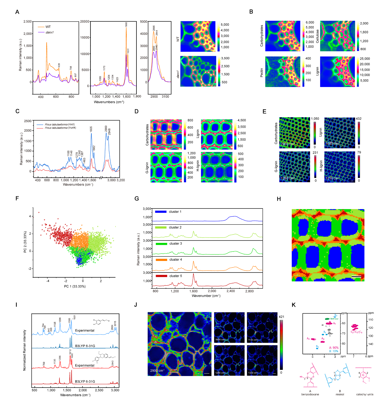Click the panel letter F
point(17,198)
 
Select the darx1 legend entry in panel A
point(50,32)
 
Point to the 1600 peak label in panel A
point(126,24)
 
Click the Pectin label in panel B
point(262,73)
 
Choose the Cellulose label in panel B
point(317,36)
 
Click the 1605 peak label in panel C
point(91,129)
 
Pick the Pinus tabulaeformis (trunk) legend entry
point(60,128)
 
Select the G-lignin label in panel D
point(147,168)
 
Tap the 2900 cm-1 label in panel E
point(288,144)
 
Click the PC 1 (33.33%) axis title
point(75,286)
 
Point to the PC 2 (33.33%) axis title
point(25,241)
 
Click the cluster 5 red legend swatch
point(161,276)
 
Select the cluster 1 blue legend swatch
point(161,212)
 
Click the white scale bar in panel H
point(356,277)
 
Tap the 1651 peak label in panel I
point(74,317)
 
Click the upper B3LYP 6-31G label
point(85,346)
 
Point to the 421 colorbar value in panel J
point(281,316)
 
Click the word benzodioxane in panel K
point(310,394)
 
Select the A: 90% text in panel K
point(334,348)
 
